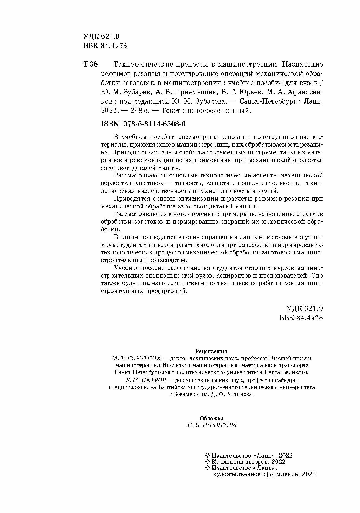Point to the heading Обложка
pos(212,418)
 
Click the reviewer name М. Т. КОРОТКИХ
pos(136,358)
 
